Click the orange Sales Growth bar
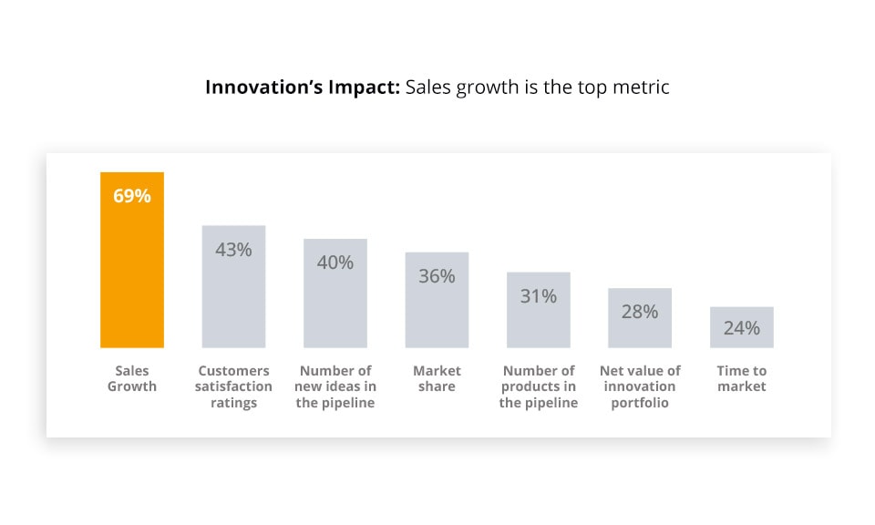click(132, 273)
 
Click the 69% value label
click(132, 196)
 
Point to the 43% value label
click(233, 249)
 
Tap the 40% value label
click(335, 262)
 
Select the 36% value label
click(437, 275)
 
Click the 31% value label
click(539, 296)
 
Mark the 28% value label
click(640, 312)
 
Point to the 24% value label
click(742, 328)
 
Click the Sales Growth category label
click(132, 378)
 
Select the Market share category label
click(437, 378)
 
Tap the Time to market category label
click(742, 378)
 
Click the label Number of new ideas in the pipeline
click(335, 386)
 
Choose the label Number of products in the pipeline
click(539, 386)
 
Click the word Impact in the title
click(365, 87)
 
